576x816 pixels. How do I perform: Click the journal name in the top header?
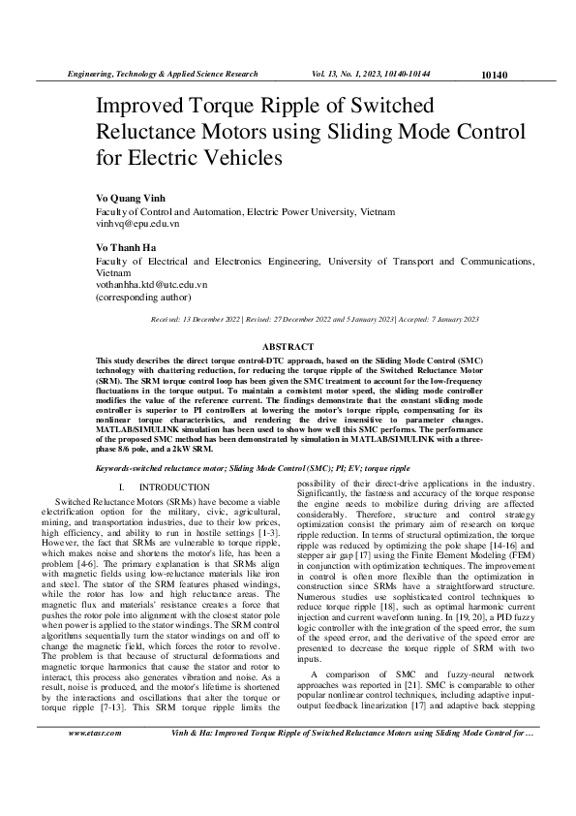[161, 74]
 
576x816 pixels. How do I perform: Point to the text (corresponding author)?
[143, 298]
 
